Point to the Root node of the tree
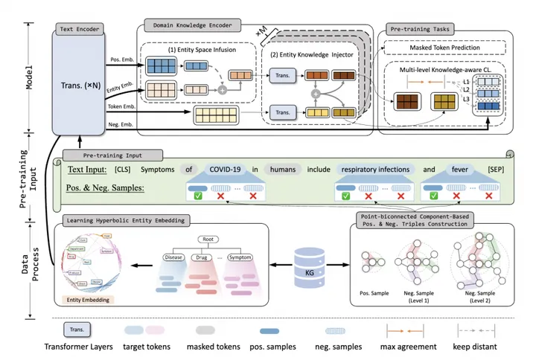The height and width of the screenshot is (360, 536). coord(211,240)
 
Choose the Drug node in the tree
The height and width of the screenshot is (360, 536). coord(206,258)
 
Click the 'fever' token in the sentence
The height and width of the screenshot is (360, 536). coord(459,169)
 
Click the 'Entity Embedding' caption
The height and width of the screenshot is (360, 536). coord(85,300)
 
